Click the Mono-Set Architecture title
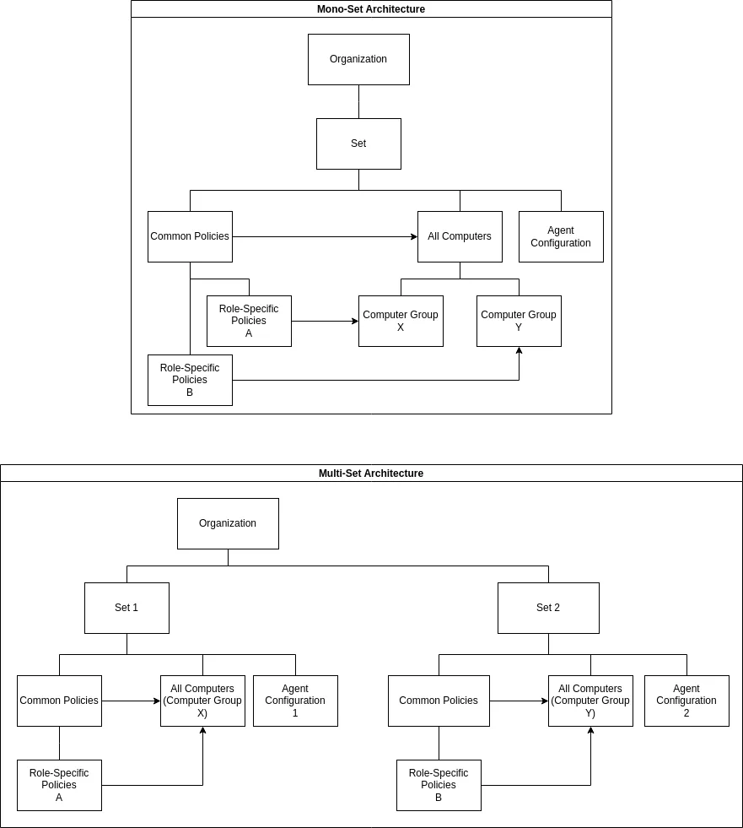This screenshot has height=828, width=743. point(371,9)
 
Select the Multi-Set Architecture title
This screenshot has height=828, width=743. point(371,474)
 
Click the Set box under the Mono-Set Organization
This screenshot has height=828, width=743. point(358,143)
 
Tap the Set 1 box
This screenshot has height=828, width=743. point(127,608)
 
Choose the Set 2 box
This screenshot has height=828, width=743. point(548,608)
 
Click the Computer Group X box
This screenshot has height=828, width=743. point(401,321)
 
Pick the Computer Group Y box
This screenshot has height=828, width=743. point(519,321)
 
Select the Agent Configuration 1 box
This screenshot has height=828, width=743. point(295,701)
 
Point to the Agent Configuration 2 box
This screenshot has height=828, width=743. point(686,701)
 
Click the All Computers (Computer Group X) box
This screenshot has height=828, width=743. point(202,701)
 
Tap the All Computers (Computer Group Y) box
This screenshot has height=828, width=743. point(590,701)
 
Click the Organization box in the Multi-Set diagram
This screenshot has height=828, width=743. point(228,523)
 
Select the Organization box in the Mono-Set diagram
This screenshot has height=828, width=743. point(358,59)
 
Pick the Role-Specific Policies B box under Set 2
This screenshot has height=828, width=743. point(439,785)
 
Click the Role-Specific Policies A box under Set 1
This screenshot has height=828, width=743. point(59,785)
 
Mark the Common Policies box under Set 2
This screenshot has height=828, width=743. point(439,701)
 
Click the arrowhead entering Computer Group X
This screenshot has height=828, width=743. point(355,321)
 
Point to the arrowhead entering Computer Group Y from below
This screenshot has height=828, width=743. point(519,350)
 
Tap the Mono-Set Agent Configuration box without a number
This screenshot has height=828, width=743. point(561,236)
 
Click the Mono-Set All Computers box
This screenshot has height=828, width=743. point(460,236)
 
